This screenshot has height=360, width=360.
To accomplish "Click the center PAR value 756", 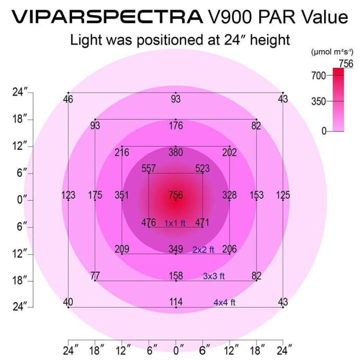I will point(176,195).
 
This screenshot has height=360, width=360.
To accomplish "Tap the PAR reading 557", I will point(149,169).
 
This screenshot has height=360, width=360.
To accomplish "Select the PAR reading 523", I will point(202,169).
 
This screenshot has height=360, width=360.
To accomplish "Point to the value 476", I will point(149,223).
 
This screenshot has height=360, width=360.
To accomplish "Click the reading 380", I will point(176,153).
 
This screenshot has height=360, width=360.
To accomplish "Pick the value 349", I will point(176,249).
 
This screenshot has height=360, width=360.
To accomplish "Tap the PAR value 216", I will point(122,153).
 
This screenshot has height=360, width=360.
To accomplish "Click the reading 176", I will point(176,126).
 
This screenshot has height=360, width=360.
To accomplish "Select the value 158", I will point(176,276).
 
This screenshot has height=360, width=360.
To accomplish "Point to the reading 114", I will point(176,302).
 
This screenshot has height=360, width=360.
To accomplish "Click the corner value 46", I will point(68,99).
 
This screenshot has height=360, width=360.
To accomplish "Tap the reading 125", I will point(283,195).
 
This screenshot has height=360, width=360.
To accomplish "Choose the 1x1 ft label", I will point(175,223).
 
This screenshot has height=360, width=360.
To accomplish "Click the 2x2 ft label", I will point(203,250).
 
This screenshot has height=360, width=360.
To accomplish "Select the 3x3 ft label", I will point(214,277).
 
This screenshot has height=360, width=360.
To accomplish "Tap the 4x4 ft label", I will point(224,303).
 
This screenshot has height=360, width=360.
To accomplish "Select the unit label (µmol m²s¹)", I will point(332,52).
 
